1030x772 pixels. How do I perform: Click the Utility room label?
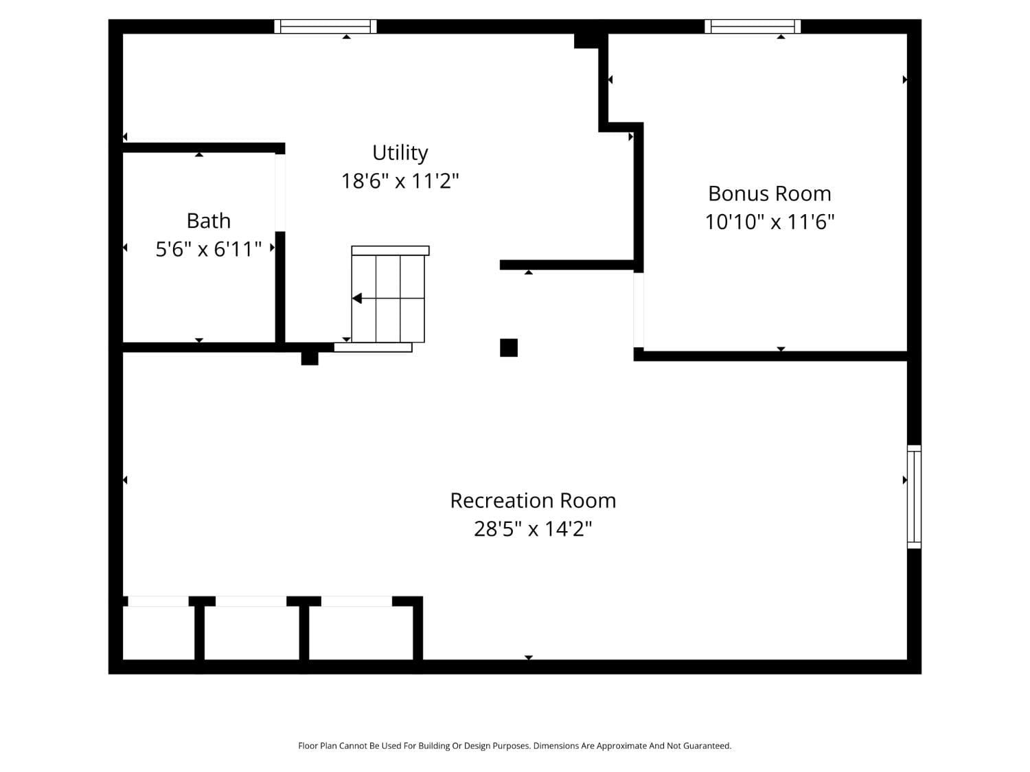(x=400, y=152)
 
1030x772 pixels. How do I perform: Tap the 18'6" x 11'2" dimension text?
(x=400, y=181)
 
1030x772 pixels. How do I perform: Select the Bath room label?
(x=208, y=221)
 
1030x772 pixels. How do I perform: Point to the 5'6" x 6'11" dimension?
(x=208, y=249)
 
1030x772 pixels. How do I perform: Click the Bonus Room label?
(x=769, y=194)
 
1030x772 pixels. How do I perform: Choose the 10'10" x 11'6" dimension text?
(x=769, y=222)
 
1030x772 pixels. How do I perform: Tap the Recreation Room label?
(x=533, y=500)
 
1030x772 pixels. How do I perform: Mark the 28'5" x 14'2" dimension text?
(x=533, y=529)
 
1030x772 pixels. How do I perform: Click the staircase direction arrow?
(x=357, y=299)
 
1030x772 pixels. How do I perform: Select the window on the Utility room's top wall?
(x=325, y=27)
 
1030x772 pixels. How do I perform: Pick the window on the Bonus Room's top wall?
(x=753, y=27)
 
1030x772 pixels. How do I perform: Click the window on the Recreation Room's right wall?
(x=914, y=497)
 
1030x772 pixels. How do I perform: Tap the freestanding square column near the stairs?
(x=509, y=348)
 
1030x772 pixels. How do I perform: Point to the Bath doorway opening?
(x=280, y=192)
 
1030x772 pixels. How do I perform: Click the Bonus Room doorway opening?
(x=639, y=310)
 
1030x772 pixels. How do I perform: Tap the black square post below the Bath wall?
(x=310, y=358)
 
